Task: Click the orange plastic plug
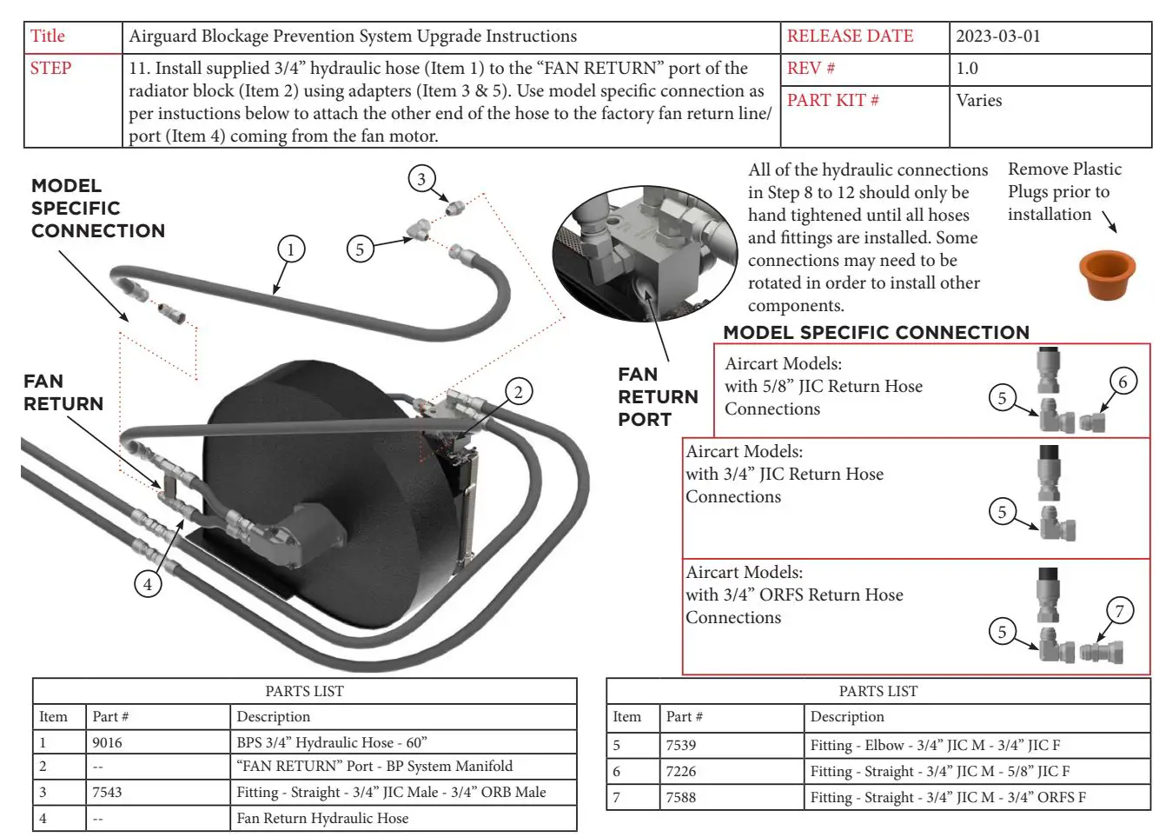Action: point(1108,275)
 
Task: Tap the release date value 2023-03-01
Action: point(997,37)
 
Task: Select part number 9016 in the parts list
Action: point(108,742)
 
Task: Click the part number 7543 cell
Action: point(108,792)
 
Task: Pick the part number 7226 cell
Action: point(681,771)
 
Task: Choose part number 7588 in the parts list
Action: point(681,797)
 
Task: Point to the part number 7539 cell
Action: point(681,745)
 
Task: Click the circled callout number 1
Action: point(291,249)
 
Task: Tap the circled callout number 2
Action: point(519,392)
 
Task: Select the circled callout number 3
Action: point(421,179)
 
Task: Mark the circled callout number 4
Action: point(148,584)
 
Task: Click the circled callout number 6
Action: point(1123,382)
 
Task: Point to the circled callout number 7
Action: point(1119,611)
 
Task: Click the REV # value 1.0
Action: point(967,69)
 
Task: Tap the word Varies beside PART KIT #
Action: point(978,101)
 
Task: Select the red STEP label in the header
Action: point(50,69)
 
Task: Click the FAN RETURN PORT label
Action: point(658,397)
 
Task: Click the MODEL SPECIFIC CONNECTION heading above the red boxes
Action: point(876,333)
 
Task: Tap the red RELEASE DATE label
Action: point(850,37)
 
